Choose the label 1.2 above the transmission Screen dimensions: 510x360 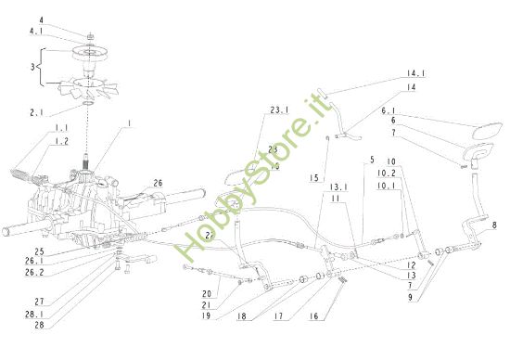point(61,142)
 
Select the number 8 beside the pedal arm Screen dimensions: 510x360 point(494,225)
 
